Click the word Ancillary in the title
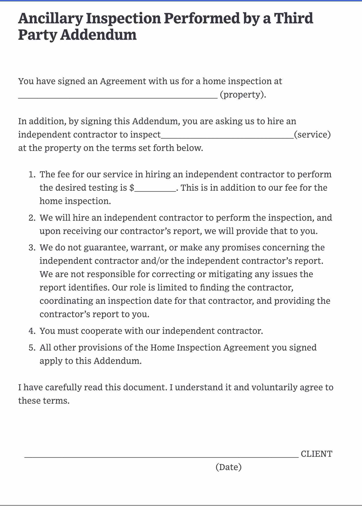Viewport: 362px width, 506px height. pyautogui.click(x=50, y=19)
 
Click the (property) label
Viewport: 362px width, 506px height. pyautogui.click(x=243, y=95)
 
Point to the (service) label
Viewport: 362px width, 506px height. pyautogui.click(x=312, y=134)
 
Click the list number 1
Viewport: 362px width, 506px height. pyautogui.click(x=32, y=174)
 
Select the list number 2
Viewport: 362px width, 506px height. pyautogui.click(x=32, y=218)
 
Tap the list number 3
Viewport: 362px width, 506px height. pyautogui.click(x=32, y=248)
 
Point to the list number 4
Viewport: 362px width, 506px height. pyautogui.click(x=32, y=331)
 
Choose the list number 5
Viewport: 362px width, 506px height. pyautogui.click(x=32, y=348)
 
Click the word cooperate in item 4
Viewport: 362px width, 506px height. pyautogui.click(x=101, y=331)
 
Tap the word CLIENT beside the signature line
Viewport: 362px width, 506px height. pyautogui.click(x=316, y=454)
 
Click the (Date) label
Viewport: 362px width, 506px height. pyautogui.click(x=229, y=467)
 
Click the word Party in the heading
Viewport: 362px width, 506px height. pyautogui.click(x=37, y=35)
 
